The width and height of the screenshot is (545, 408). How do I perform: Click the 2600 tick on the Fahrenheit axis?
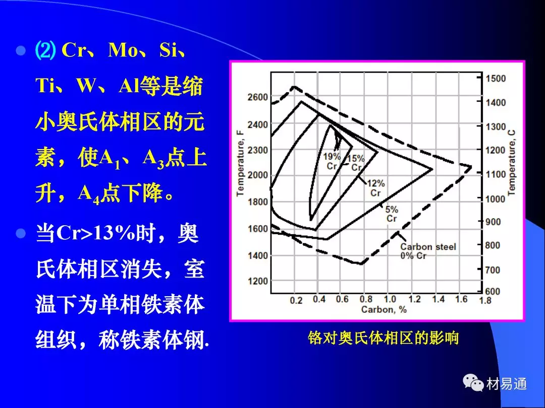(257, 97)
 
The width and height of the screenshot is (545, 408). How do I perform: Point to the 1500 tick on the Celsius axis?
(496, 79)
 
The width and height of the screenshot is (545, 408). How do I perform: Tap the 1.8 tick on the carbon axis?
(485, 300)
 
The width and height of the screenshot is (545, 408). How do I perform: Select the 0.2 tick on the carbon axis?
(296, 300)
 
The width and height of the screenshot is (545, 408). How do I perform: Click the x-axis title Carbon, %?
(384, 309)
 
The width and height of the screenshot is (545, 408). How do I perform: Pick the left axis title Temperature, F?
(240, 163)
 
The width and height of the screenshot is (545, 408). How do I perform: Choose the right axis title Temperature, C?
(511, 163)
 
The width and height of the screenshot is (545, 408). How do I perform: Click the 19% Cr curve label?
(332, 161)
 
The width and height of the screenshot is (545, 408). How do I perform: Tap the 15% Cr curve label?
(356, 163)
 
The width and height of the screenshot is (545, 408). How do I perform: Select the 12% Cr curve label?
(376, 188)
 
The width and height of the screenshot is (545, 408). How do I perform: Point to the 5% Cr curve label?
(392, 214)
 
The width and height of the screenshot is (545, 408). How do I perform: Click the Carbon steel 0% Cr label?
(428, 251)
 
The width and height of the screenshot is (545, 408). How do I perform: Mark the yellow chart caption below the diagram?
(383, 337)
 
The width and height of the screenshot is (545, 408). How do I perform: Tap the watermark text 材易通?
(507, 384)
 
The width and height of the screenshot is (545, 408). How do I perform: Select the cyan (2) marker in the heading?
(45, 51)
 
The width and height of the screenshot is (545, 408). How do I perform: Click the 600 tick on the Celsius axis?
(493, 292)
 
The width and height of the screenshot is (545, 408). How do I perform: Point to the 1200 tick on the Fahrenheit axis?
(257, 281)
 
